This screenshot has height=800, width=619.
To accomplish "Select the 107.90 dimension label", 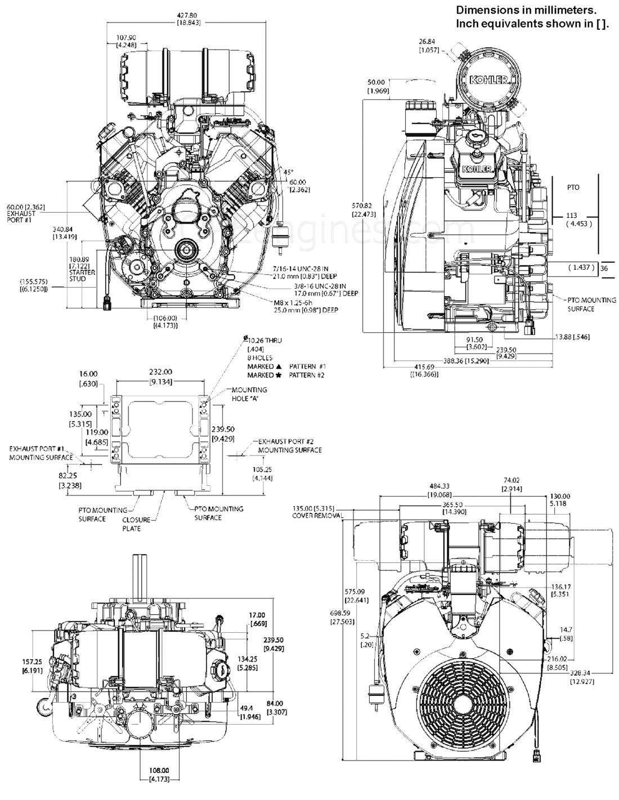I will (x=125, y=38).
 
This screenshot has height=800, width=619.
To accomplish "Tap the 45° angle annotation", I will (x=289, y=171).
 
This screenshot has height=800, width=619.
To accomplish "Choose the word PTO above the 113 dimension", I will (x=573, y=187).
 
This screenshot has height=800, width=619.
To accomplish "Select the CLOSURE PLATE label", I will (x=132, y=525).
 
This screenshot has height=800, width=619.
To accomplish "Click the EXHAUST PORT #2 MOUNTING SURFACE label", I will (x=289, y=446).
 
